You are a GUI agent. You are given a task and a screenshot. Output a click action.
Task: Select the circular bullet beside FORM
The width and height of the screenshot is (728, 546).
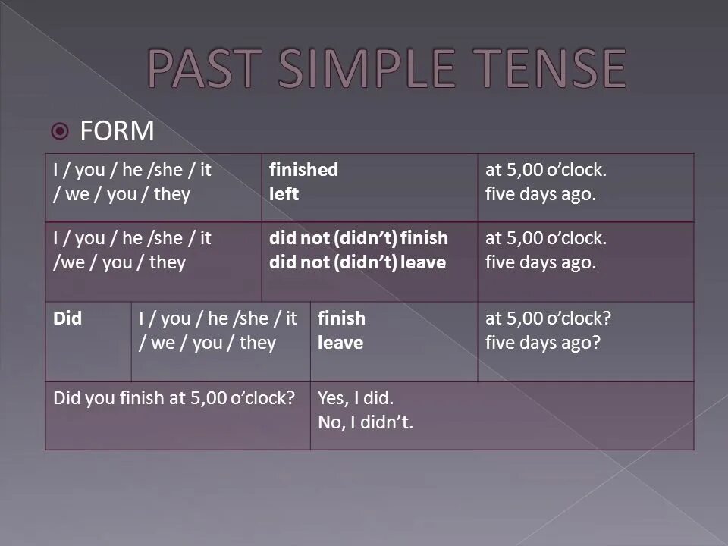click(60, 131)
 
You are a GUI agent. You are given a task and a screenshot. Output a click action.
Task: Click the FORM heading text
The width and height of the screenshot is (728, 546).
click(117, 131)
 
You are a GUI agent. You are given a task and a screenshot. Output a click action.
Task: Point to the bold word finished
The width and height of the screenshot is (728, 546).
click(303, 169)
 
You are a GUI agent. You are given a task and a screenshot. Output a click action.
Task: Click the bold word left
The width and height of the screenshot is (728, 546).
click(284, 194)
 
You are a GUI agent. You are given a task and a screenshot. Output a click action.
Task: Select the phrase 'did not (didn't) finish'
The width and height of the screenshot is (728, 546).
click(359, 237)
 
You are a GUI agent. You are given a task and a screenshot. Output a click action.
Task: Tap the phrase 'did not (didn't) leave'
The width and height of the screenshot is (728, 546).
click(357, 262)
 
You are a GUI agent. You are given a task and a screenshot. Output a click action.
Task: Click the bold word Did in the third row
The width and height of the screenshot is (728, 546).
click(67, 318)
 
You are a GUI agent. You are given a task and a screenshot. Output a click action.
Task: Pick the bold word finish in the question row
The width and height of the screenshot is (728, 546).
click(342, 318)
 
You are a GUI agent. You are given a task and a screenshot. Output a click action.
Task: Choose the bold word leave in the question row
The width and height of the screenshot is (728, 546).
click(340, 343)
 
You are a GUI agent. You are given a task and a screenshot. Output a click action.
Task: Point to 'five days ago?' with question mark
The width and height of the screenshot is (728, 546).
click(543, 344)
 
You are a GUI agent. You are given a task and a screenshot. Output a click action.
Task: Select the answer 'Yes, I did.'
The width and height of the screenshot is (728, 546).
click(356, 398)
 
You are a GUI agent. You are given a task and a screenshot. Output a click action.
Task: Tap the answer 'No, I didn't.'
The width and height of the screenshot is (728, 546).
click(366, 422)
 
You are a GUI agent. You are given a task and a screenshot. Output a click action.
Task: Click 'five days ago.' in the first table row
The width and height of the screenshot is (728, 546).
click(541, 195)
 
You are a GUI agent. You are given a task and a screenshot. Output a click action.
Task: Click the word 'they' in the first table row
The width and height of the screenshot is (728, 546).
click(172, 195)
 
